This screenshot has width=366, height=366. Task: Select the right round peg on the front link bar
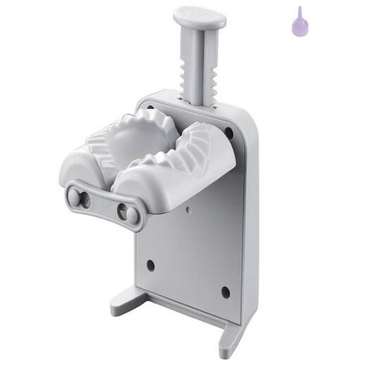[127, 211]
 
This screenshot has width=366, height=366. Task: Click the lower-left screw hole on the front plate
[150, 265]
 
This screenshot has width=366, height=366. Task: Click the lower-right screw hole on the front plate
[225, 291]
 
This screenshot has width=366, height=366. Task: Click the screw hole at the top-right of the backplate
[228, 132]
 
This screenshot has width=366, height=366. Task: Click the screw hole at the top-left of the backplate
[149, 107]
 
